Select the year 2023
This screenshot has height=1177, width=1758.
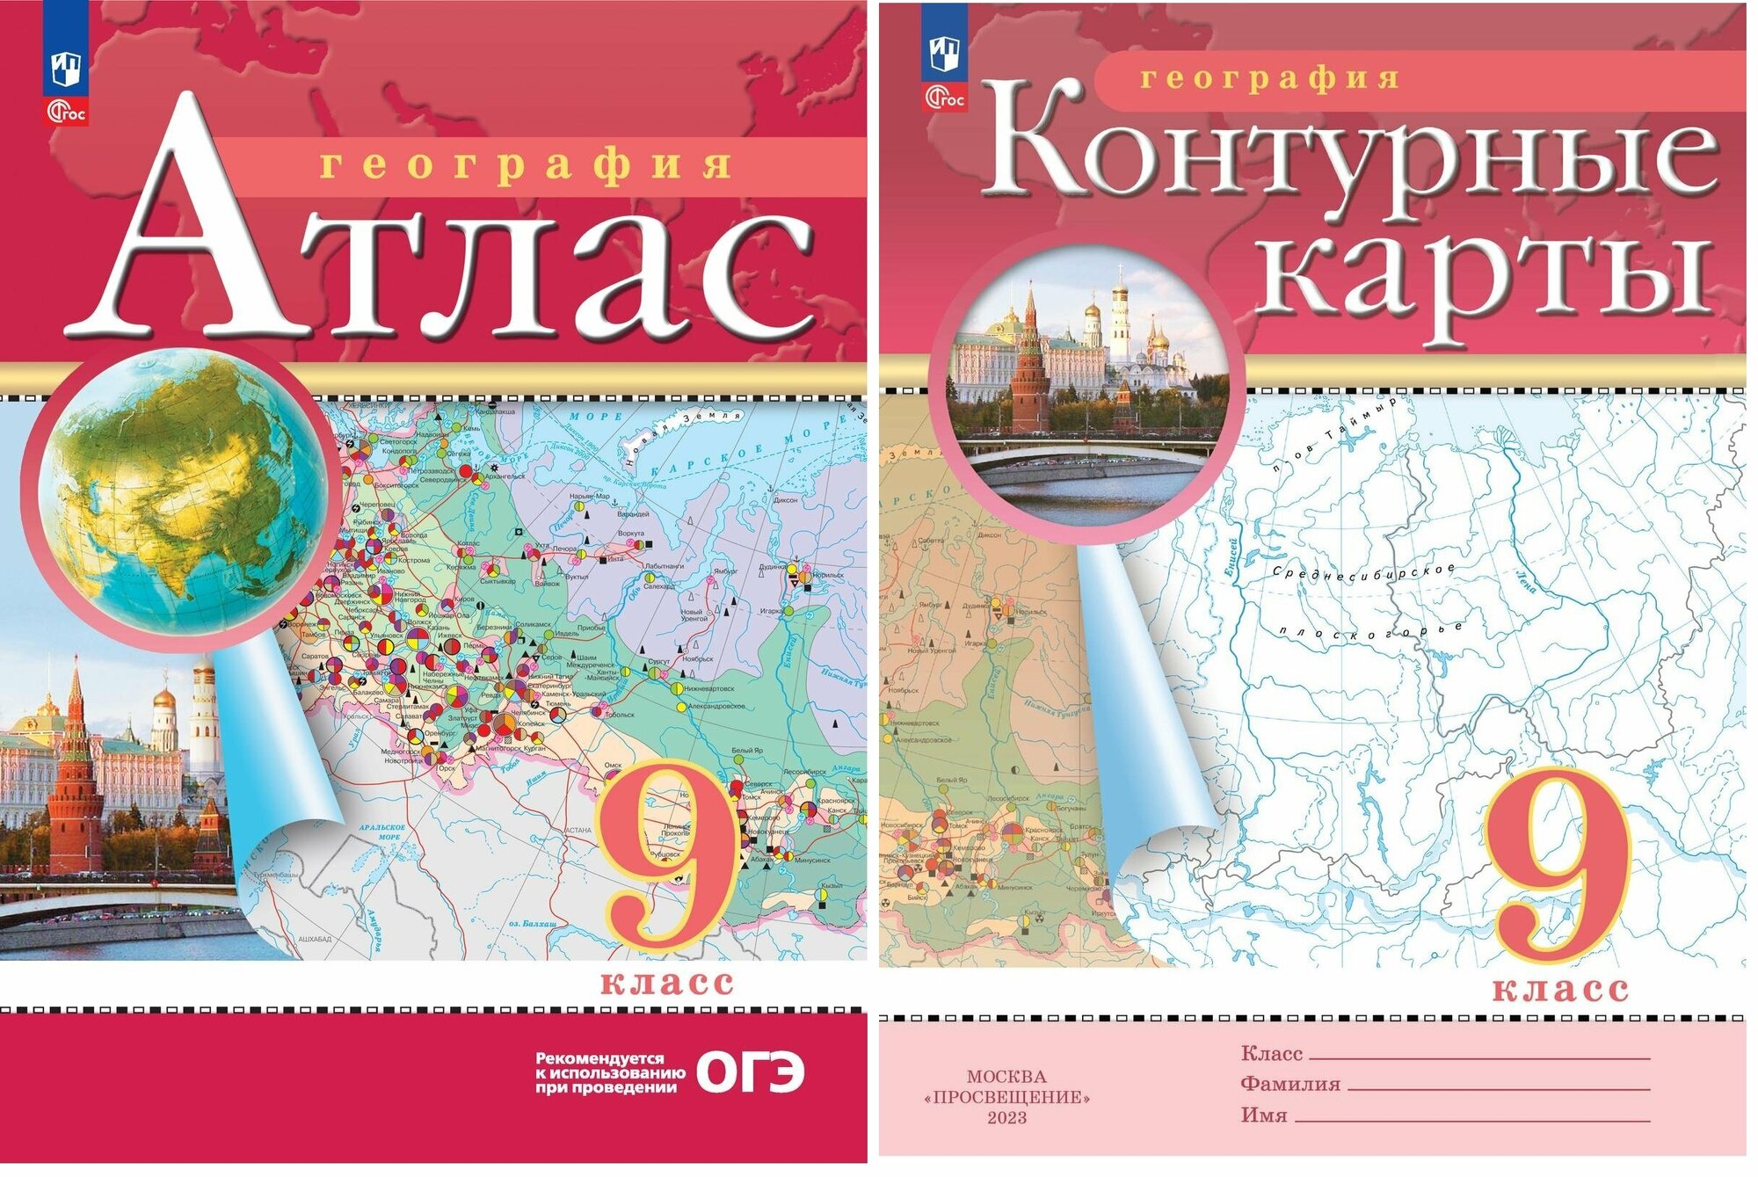1006,1117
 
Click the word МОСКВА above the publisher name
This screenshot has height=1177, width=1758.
1006,1076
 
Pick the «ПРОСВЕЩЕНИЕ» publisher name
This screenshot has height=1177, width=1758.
1006,1097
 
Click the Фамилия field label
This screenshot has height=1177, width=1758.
1289,1084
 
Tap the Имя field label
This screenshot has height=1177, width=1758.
1264,1115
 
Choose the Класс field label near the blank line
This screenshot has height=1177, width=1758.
1271,1053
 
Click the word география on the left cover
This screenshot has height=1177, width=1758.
525,165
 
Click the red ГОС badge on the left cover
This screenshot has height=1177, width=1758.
66,112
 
